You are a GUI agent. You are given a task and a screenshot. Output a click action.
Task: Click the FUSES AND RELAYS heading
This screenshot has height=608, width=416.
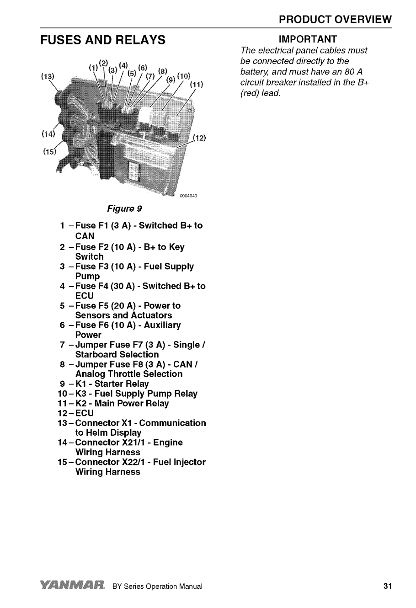pyautogui.click(x=103, y=40)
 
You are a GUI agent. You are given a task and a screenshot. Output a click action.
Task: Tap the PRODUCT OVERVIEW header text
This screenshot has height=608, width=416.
pyautogui.click(x=336, y=20)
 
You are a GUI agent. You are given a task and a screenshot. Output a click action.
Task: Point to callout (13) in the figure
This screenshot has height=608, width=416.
pyautogui.click(x=48, y=76)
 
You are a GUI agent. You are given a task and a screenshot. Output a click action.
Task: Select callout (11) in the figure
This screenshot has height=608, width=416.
pyautogui.click(x=197, y=84)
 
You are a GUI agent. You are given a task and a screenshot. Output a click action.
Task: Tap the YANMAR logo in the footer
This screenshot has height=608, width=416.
pyautogui.click(x=73, y=586)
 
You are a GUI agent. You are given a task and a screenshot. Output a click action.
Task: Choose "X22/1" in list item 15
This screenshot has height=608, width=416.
pyautogui.click(x=133, y=462)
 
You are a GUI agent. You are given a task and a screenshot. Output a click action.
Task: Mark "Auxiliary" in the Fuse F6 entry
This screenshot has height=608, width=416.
pyautogui.click(x=162, y=325)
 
